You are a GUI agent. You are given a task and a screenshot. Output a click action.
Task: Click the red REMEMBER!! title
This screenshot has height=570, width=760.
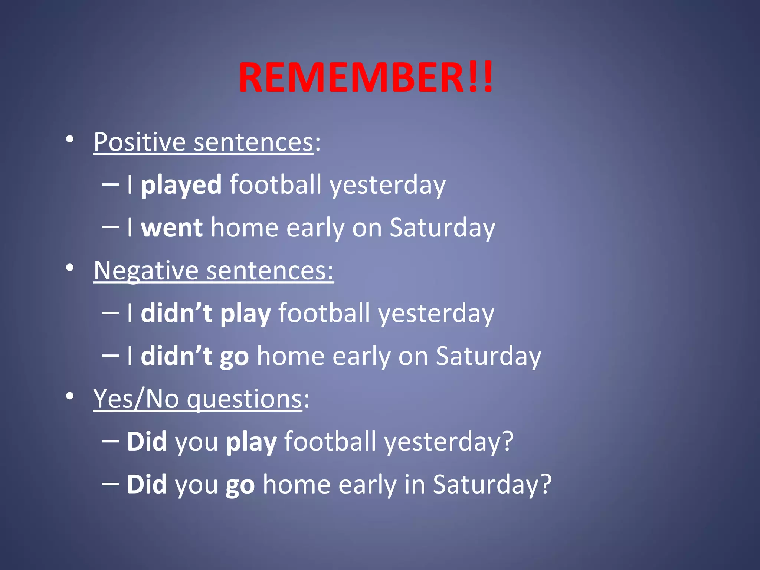[366, 78]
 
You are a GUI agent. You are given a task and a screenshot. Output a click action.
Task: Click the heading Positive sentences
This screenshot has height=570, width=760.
[203, 142]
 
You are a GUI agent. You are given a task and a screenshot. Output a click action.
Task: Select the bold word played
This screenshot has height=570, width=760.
[181, 185]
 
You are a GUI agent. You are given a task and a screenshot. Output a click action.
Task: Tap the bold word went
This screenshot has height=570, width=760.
[171, 227]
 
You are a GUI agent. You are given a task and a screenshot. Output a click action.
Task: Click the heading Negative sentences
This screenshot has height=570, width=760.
[213, 271]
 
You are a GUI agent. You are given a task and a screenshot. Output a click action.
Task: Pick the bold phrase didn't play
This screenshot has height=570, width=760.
[206, 313]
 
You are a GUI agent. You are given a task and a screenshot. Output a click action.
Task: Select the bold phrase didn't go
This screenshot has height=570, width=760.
[194, 356]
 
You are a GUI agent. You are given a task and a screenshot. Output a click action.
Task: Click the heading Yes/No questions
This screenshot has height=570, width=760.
[198, 399]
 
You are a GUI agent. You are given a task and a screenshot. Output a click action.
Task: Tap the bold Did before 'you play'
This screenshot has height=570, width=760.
[147, 442]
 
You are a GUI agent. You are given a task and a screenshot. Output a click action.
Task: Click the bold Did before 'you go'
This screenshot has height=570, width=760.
[147, 484]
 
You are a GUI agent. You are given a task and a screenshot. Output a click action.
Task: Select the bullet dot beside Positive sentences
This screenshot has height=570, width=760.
[69, 140]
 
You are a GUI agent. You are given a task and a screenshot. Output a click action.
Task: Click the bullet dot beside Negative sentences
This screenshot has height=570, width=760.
[69, 268]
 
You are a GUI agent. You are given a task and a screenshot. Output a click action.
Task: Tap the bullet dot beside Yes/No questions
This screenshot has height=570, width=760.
[69, 396]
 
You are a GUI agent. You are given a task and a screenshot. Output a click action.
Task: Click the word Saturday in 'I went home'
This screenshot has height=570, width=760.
[442, 227]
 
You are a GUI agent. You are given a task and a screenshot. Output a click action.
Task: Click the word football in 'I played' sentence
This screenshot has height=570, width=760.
[276, 185]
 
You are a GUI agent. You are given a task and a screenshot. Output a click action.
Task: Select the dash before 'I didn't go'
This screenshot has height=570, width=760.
[110, 355]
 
